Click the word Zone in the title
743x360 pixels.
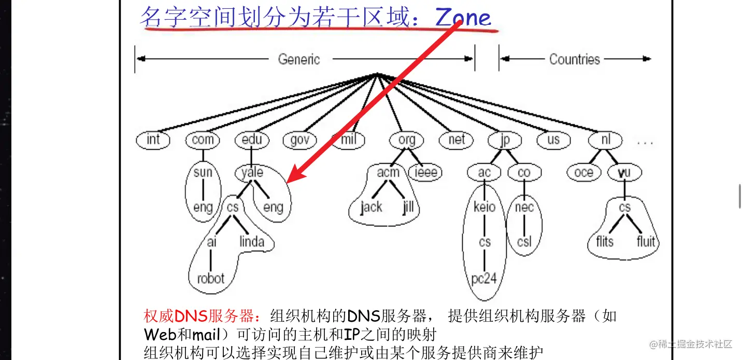coord(463,18)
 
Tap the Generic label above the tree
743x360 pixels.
coord(299,59)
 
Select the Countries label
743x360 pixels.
coord(574,59)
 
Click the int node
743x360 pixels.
coord(153,140)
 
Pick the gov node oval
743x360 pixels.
coord(299,140)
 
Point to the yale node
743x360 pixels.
coord(252,172)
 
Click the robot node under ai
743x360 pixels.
coord(210,278)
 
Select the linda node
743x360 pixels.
coord(252,241)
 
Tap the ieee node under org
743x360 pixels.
coord(425,172)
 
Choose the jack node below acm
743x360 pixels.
coord(371,207)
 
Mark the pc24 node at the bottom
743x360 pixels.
coord(484,278)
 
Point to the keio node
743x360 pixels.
coord(484,207)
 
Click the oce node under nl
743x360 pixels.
coord(583,172)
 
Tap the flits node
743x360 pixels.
coord(604,241)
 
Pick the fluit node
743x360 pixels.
coord(646,241)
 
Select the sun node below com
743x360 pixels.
coord(203,172)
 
